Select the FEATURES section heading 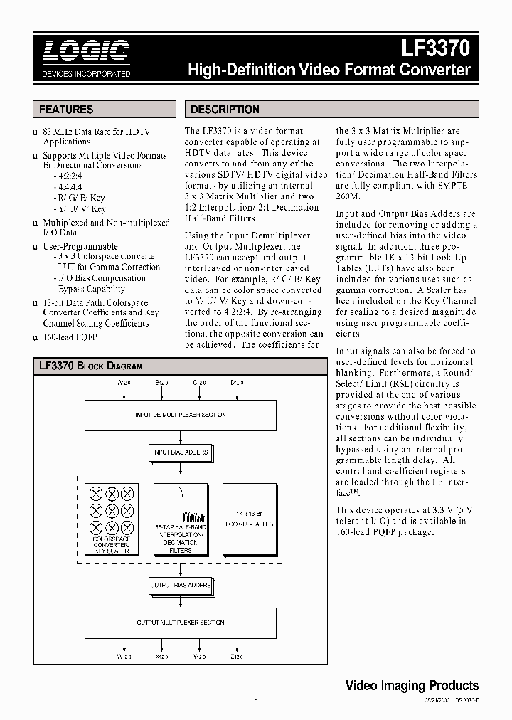tap(66, 110)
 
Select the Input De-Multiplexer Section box tap(180, 415)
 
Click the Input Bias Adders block tap(180, 452)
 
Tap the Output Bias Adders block tap(180, 585)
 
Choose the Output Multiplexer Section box tap(180, 623)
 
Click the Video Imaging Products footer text tap(412, 686)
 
